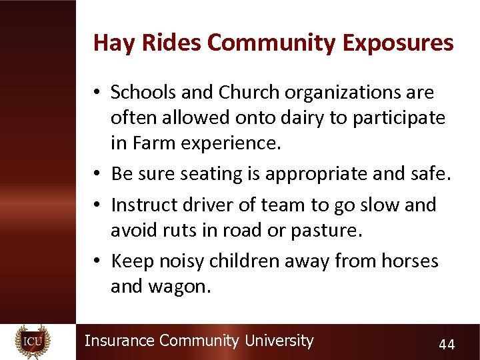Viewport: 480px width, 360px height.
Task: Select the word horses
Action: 410,260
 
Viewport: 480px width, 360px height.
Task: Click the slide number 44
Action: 446,344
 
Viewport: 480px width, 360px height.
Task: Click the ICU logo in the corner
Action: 33,341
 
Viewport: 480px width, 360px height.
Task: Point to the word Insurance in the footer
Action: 120,341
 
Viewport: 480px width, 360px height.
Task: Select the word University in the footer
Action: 279,341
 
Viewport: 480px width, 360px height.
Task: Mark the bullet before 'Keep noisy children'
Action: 97,261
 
